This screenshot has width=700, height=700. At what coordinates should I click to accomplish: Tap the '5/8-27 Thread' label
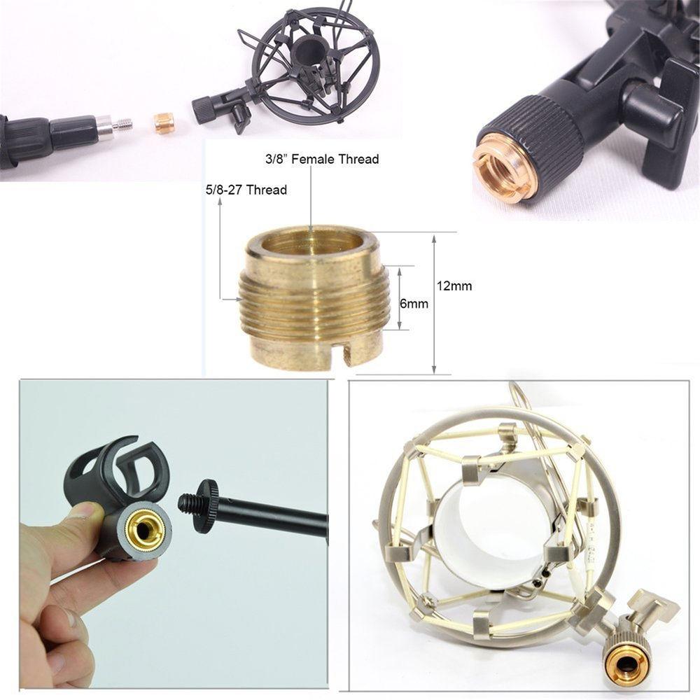coord(246,190)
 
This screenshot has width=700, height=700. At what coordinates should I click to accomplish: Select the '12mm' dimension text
coord(454,286)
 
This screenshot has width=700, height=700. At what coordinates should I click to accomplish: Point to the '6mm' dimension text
coord(414,304)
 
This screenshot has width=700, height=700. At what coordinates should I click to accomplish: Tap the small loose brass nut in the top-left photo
coord(164,123)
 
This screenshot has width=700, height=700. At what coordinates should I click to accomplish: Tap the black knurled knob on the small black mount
coord(203,110)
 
